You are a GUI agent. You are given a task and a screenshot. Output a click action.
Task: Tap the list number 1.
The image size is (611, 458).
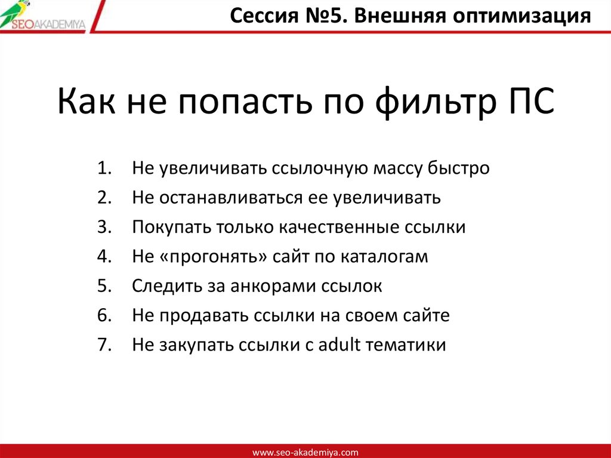(103, 168)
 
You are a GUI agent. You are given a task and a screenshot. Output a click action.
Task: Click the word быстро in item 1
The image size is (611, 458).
(458, 168)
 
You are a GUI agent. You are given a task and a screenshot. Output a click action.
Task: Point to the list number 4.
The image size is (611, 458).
(103, 257)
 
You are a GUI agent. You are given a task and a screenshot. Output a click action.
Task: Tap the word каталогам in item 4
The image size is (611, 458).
(385, 257)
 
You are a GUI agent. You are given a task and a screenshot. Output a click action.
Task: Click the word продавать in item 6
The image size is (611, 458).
(202, 316)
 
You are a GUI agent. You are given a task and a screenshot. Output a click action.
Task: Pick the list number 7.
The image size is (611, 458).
(103, 345)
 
